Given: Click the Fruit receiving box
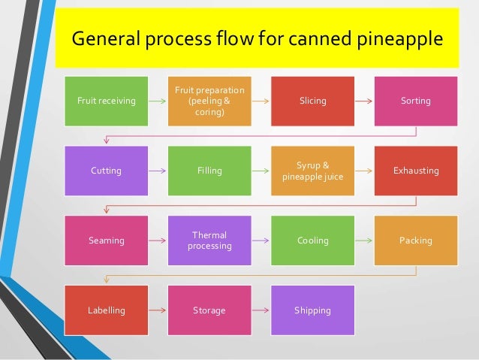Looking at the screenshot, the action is click(107, 101).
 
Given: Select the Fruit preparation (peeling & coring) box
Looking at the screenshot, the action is click(209, 101).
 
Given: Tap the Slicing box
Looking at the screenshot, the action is click(312, 101).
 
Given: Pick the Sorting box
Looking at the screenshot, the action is click(415, 101).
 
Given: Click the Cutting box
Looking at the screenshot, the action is click(107, 171).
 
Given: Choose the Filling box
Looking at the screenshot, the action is click(209, 171).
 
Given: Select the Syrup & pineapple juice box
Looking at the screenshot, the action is click(312, 171).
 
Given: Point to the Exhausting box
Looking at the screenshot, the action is click(415, 171).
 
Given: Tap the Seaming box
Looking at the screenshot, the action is click(107, 241).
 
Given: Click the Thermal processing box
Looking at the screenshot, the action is click(209, 241).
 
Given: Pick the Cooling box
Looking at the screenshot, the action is click(312, 241).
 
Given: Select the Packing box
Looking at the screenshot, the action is click(415, 241).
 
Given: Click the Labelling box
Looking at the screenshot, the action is click(107, 310).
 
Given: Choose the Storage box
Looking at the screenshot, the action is click(209, 310).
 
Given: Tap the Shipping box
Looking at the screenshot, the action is click(312, 310).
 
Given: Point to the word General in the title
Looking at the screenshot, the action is click(106, 38).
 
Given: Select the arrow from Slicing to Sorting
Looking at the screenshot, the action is click(363, 101).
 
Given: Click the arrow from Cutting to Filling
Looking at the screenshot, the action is click(158, 171).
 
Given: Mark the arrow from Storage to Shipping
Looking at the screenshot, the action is click(261, 310).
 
